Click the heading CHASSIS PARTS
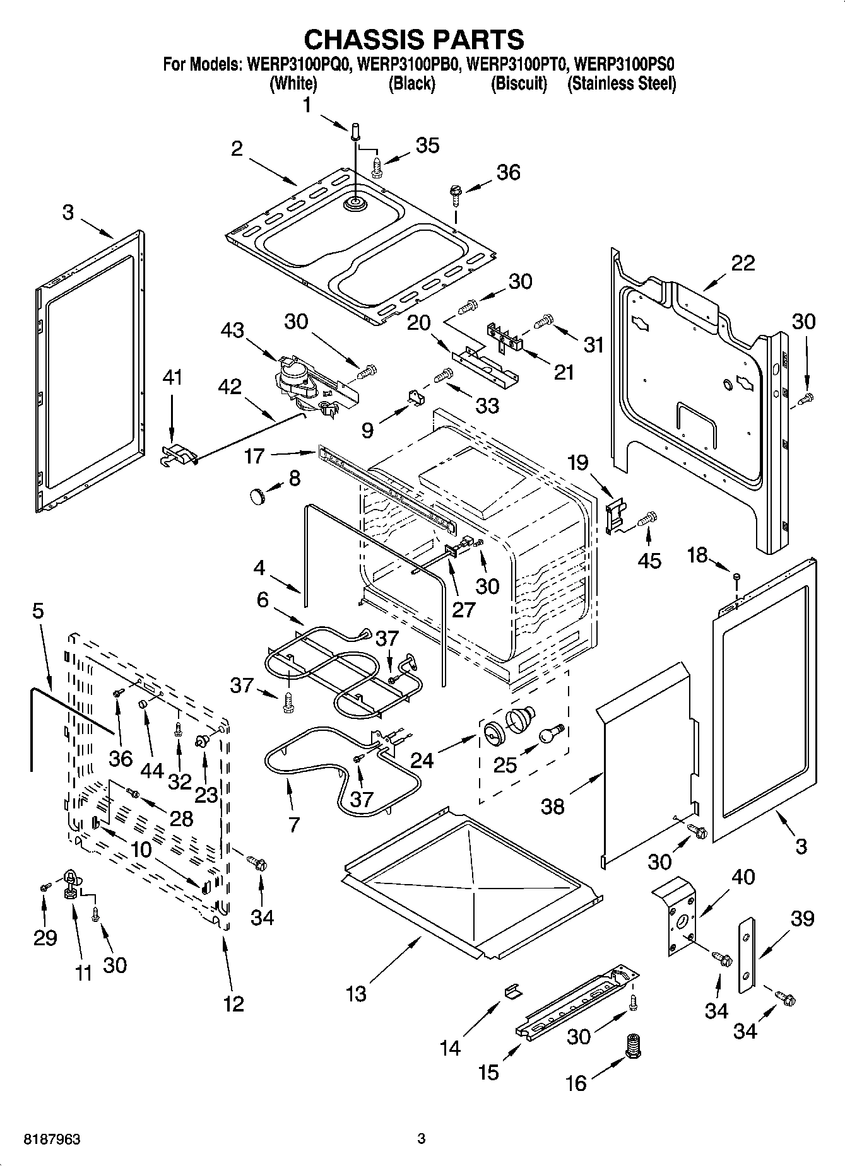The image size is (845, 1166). (x=414, y=39)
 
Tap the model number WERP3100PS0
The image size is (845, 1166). (x=625, y=64)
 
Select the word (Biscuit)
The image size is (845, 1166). (x=519, y=83)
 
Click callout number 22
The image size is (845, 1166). (x=742, y=263)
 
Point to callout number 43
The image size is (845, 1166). (x=232, y=330)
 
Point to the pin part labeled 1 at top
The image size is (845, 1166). (x=355, y=133)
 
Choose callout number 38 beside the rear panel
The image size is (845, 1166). (x=553, y=806)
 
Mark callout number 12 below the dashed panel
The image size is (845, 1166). (x=233, y=1003)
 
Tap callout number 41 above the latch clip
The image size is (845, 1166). (x=172, y=378)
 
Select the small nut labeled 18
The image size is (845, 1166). (x=736, y=576)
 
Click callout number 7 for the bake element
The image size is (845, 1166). (x=293, y=824)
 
